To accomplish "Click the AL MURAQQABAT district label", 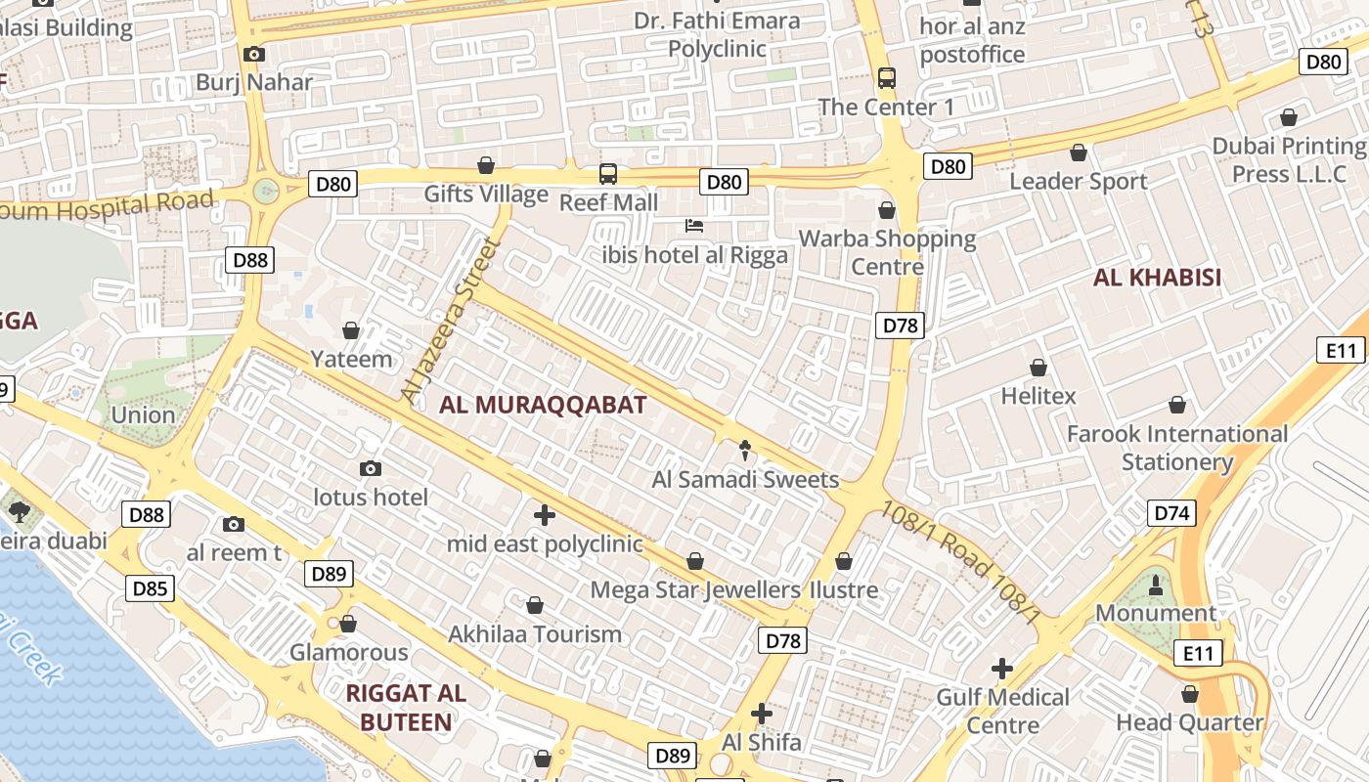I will [x=543, y=405].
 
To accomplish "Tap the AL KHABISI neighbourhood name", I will [x=1157, y=278].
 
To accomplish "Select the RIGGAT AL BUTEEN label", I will [x=406, y=708].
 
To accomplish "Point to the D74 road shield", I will [x=1171, y=513].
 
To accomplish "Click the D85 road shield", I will [x=150, y=587].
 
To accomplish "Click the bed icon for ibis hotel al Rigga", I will [x=694, y=227].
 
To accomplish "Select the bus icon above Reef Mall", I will [x=608, y=174].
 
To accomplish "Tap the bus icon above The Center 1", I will [x=886, y=78].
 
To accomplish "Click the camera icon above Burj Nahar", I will [x=254, y=54].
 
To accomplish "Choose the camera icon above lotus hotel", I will [x=370, y=469].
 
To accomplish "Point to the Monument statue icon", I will [x=1156, y=585].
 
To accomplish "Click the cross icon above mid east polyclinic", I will [x=545, y=514].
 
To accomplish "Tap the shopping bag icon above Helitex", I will [x=1038, y=368].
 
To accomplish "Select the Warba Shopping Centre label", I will [x=887, y=252].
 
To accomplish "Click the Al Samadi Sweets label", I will [x=745, y=479].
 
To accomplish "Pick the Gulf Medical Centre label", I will [x=1002, y=711].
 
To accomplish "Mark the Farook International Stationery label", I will [x=1177, y=447].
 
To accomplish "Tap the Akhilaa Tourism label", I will [x=535, y=633].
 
